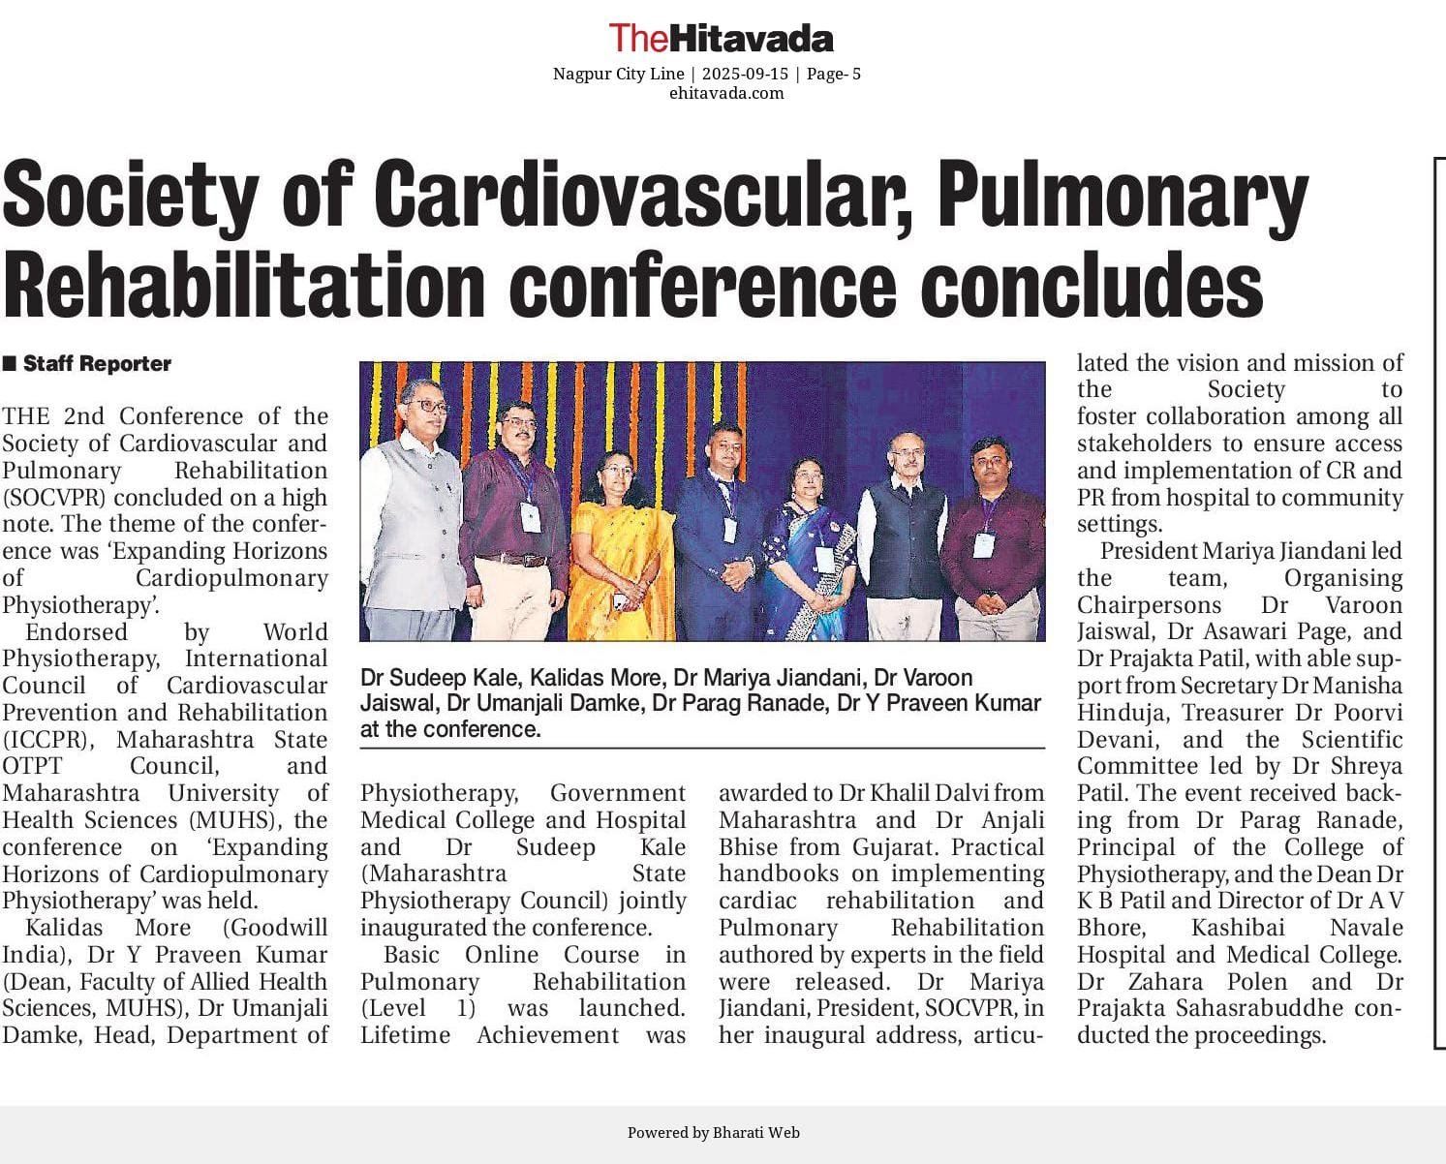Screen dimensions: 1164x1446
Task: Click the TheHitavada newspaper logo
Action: tap(721, 38)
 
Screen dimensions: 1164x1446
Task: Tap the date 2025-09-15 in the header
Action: tap(745, 74)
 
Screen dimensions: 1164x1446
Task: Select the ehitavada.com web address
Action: tap(726, 93)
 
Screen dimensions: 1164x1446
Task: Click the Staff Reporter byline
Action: tap(97, 364)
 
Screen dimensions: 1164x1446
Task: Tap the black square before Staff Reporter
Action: tap(10, 364)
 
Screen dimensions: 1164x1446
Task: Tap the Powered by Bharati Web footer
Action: tap(713, 1132)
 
